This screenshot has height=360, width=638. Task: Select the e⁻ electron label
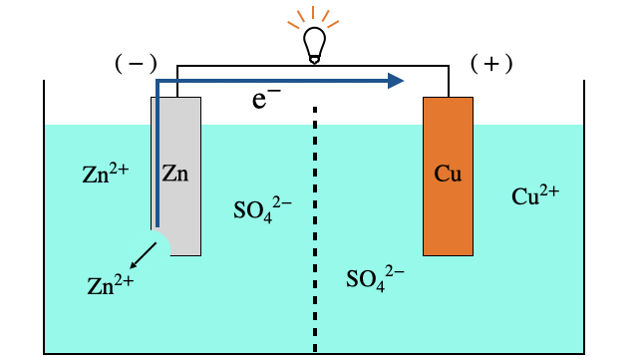tap(265, 100)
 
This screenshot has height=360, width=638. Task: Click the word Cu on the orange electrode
tap(448, 174)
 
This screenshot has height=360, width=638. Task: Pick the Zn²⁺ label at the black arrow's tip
tap(110, 285)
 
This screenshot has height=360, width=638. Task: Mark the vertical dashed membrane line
tap(316, 229)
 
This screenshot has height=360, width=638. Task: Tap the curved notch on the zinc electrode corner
tap(160, 241)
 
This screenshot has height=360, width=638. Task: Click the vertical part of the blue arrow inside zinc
tap(156, 160)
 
